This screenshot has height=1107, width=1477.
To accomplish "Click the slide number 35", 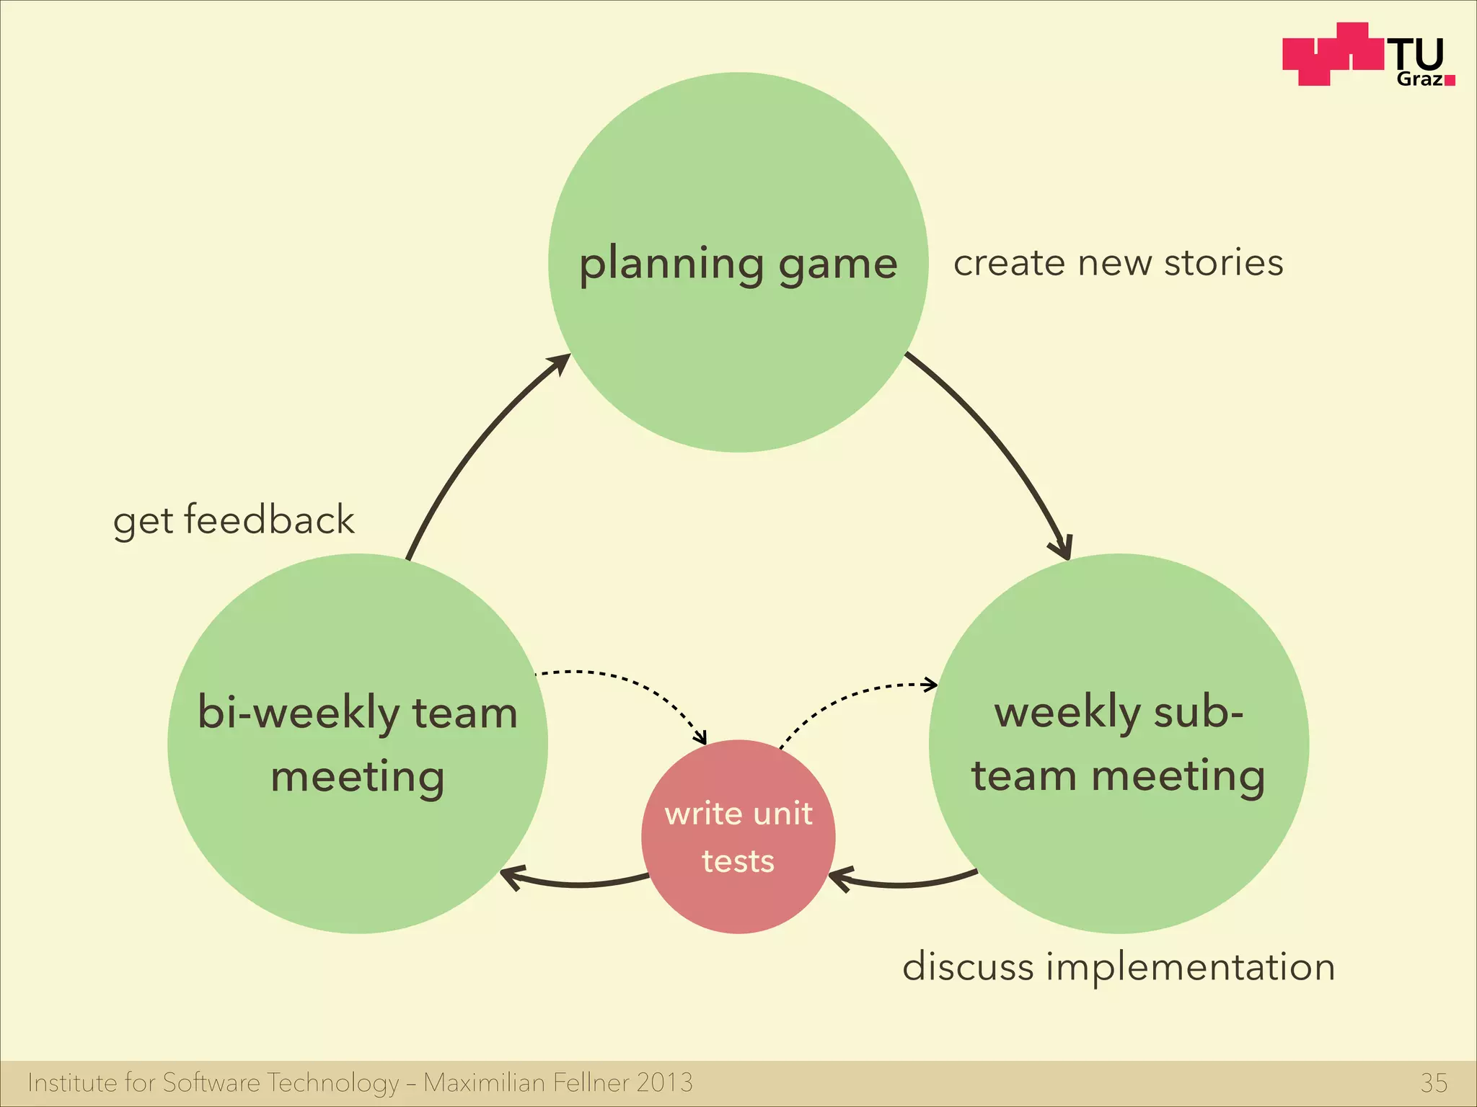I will tap(1434, 1082).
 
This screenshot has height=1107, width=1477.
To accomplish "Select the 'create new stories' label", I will tap(1118, 262).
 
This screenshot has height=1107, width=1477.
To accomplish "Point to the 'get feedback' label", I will tap(234, 520).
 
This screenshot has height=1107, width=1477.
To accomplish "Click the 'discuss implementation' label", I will tap(1119, 966).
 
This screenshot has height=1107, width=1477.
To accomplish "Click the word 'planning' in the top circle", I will tap(671, 264).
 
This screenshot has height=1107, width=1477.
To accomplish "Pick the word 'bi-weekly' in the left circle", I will tap(298, 713).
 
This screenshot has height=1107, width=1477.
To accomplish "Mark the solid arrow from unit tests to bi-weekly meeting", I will tap(577, 883).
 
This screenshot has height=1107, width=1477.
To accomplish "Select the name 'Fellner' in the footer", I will tap(591, 1082).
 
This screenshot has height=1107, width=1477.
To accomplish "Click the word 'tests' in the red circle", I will tap(738, 861).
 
